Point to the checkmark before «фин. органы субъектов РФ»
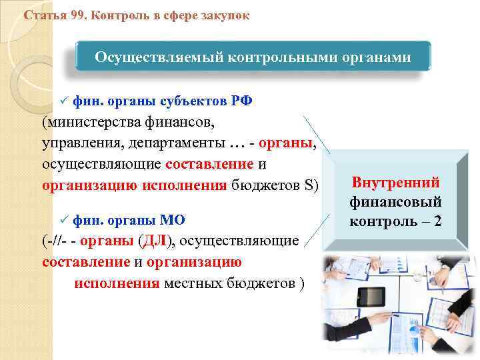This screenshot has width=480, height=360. tap(64, 100)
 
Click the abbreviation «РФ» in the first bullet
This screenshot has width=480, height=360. tap(242, 100)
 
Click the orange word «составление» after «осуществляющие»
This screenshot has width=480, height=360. tap(210, 164)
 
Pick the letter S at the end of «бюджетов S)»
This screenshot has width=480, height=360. tap(307, 185)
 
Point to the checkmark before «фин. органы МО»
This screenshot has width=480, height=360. tap(64, 219)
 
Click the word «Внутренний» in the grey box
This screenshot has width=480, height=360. tap(396, 182)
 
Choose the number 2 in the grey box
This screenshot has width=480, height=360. tap(437, 221)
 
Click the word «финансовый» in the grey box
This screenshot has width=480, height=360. tap(396, 201)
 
